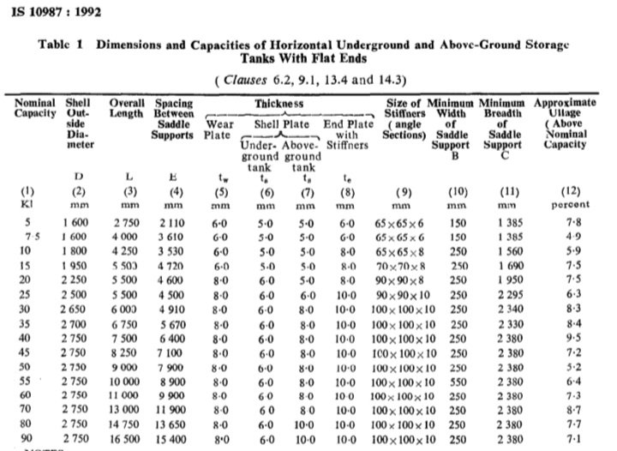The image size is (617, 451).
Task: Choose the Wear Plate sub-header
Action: [219, 129]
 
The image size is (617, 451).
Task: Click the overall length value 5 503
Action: [126, 267]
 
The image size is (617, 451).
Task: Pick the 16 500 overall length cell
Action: [126, 438]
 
